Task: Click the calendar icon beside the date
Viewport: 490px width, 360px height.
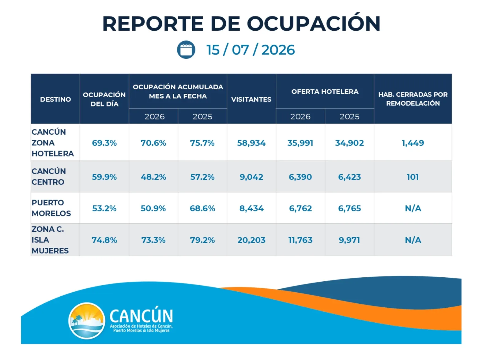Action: coord(186,50)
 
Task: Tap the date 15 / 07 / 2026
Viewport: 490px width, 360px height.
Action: coord(251,50)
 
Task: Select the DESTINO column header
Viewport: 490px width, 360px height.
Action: coord(55,99)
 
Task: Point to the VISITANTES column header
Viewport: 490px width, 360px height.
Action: coord(251,99)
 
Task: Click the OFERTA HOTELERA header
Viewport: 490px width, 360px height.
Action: coord(325,92)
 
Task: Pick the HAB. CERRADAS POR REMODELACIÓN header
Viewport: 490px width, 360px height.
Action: coord(413,99)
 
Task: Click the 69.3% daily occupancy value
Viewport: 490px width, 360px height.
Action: coord(104,143)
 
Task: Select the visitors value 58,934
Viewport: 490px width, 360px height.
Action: coord(251,143)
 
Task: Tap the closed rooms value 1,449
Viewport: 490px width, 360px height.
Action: coord(413,143)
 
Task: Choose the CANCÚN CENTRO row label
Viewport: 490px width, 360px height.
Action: coord(49,177)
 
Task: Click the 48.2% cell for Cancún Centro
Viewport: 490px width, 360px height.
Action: coord(153,177)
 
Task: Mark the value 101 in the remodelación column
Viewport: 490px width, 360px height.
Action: coord(413,177)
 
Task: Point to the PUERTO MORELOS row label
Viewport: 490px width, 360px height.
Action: coord(51,208)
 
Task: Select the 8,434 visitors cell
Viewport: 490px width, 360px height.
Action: coord(251,208)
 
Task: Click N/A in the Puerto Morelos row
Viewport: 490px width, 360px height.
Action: coord(413,208)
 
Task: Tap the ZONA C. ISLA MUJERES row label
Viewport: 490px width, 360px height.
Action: coord(50,240)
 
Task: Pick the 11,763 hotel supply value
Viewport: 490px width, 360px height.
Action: coord(300,240)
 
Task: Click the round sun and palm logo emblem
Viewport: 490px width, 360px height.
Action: coord(87,321)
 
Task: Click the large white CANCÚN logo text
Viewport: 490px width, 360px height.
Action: coord(141,316)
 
